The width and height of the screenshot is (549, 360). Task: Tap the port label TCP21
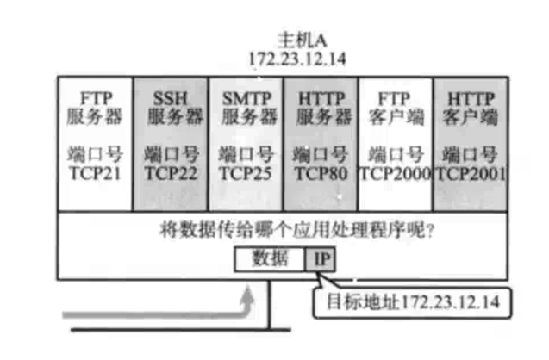click(x=95, y=172)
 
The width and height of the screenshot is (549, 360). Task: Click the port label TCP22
click(x=170, y=172)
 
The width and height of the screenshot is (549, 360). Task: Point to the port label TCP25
click(x=245, y=172)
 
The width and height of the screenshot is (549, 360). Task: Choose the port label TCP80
click(x=320, y=172)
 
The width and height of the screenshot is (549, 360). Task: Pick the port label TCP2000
click(x=394, y=172)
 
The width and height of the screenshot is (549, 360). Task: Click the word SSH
click(x=170, y=97)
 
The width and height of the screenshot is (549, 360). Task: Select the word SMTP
click(x=245, y=97)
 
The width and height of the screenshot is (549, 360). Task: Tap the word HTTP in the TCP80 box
click(x=320, y=97)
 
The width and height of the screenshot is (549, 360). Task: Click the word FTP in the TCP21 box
click(x=95, y=97)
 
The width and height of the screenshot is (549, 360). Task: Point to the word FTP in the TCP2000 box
click(x=394, y=97)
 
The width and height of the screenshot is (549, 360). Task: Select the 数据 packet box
click(x=270, y=258)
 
